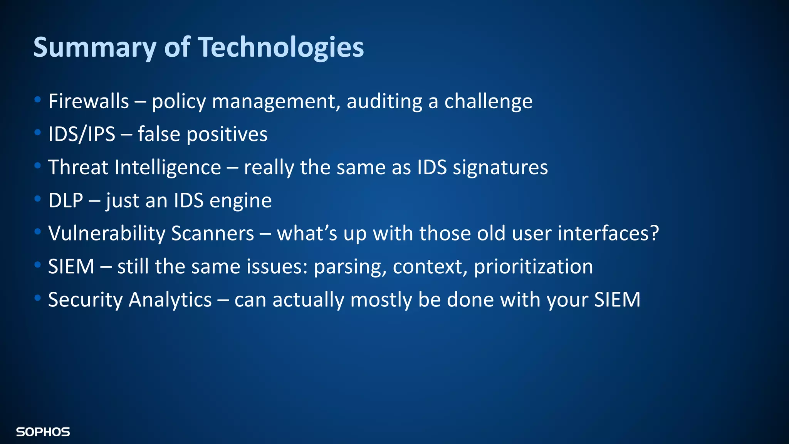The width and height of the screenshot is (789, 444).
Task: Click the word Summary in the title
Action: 95,47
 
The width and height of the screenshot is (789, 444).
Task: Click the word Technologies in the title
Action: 281,47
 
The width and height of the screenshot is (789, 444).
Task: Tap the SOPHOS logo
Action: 43,432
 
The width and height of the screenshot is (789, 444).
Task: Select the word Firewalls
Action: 89,101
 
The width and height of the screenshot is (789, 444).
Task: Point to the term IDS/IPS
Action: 82,135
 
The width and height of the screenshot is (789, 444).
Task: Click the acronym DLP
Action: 65,201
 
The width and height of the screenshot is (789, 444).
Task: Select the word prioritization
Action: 533,267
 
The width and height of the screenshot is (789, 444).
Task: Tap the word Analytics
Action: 170,300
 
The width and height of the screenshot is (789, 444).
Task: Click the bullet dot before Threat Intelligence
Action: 37,166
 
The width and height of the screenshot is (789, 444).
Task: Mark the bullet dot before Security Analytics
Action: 37,298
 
